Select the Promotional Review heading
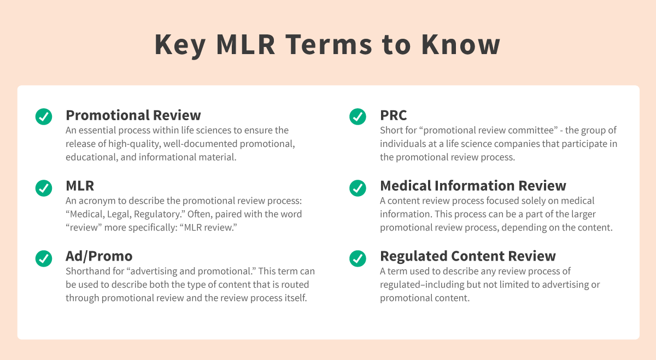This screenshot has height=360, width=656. click(x=133, y=115)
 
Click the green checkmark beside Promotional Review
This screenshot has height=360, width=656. click(x=44, y=116)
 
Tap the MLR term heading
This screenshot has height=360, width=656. click(x=80, y=186)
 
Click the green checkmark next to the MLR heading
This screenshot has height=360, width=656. click(x=44, y=187)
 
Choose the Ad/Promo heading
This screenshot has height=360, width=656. click(x=99, y=256)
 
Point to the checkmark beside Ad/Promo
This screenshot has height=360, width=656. click(x=44, y=258)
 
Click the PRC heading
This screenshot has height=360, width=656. click(x=394, y=115)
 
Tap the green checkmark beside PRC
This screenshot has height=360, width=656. click(x=358, y=116)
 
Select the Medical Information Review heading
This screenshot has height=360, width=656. click(x=473, y=186)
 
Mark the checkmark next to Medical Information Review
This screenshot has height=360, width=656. click(x=358, y=187)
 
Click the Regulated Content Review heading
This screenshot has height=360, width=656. click(x=468, y=256)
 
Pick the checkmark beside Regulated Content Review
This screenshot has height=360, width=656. click(x=358, y=258)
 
